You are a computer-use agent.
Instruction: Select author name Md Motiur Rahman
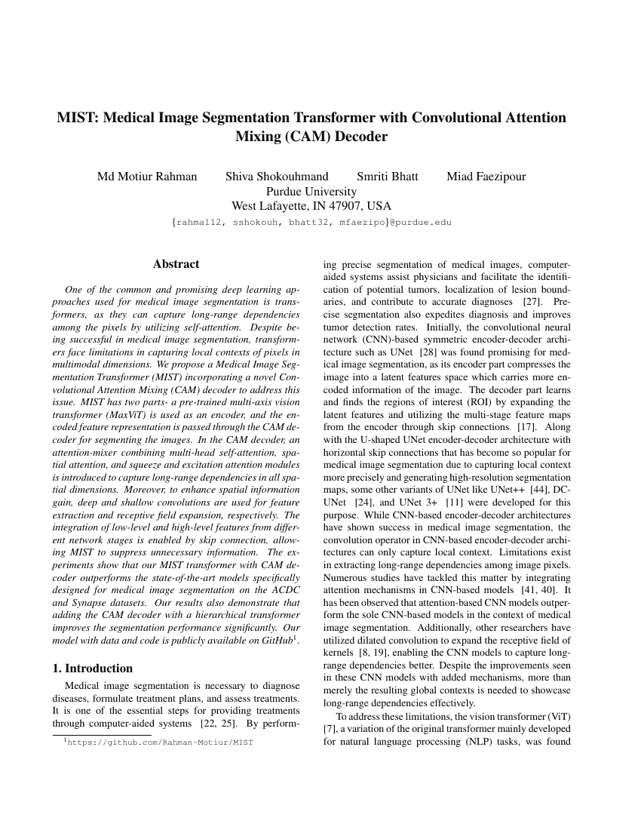pyautogui.click(x=147, y=177)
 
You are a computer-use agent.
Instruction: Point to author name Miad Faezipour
pyautogui.click(x=486, y=177)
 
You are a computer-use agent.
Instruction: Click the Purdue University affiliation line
pyautogui.click(x=311, y=192)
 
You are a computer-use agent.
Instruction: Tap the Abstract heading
pyautogui.click(x=176, y=264)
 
